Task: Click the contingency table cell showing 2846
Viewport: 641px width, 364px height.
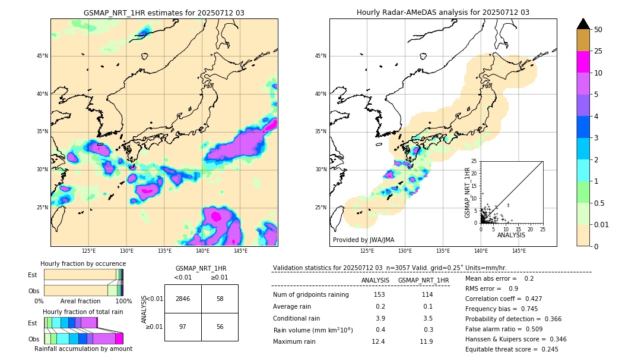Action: (x=183, y=299)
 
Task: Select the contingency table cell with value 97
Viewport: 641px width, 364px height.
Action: (x=183, y=327)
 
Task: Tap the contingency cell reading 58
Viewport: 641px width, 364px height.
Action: (x=220, y=299)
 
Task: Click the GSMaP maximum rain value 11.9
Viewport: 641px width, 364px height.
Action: (x=426, y=341)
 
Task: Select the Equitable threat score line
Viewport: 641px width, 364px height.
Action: (x=512, y=349)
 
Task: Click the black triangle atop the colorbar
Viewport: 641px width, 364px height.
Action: (x=583, y=24)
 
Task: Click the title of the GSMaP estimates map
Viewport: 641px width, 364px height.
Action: (x=164, y=12)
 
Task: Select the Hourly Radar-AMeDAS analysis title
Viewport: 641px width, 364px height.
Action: (x=443, y=12)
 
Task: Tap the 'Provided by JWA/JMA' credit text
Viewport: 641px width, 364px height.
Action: (x=363, y=240)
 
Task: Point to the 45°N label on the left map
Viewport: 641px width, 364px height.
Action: (x=42, y=56)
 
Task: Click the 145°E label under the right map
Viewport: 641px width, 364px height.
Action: (x=519, y=251)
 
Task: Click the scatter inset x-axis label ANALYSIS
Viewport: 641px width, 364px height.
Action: (x=511, y=235)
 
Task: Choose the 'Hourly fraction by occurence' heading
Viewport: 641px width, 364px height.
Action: (x=83, y=263)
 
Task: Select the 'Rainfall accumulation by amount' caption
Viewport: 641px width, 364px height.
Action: (x=83, y=349)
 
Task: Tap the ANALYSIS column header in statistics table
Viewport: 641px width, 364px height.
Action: (x=375, y=280)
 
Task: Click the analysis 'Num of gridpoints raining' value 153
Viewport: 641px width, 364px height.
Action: (x=379, y=295)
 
